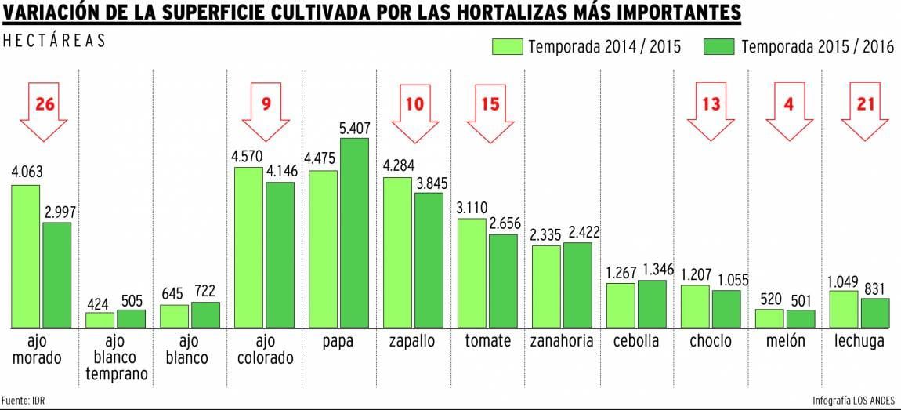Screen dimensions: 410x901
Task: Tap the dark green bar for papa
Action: coord(354,232)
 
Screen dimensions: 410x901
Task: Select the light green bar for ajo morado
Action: coord(25,256)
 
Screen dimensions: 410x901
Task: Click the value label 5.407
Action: coord(355,128)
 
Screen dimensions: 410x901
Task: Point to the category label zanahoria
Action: coord(562,341)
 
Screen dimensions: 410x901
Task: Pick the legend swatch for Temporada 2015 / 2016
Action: coord(719,46)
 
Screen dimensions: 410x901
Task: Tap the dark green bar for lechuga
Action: coord(875,312)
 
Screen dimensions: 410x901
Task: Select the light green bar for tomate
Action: coord(472,272)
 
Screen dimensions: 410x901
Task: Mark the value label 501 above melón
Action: coord(801,298)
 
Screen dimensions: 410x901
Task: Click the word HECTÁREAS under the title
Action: coord(54,41)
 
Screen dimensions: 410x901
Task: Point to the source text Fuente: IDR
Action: coord(23,400)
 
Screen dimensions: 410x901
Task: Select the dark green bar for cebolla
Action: coord(652,303)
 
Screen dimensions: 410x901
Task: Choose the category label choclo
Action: coord(711,341)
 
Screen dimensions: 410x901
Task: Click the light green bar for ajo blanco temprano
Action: coord(100,320)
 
